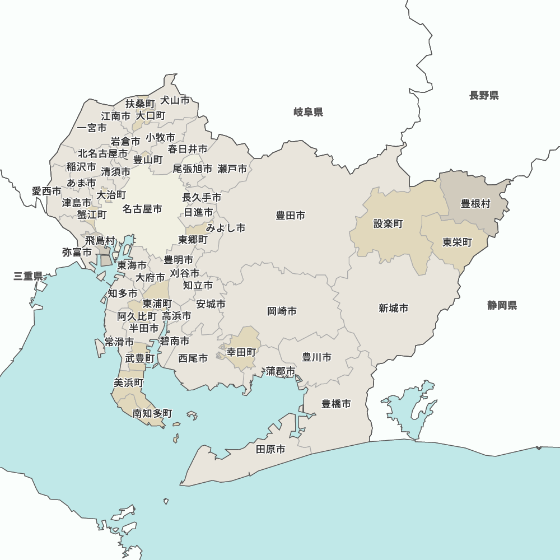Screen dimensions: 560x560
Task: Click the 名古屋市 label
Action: pyautogui.click(x=142, y=209)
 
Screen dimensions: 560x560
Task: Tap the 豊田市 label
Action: pyautogui.click(x=291, y=215)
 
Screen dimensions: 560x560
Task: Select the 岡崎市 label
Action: pyautogui.click(x=282, y=311)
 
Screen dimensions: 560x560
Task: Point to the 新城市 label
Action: pyautogui.click(x=393, y=308)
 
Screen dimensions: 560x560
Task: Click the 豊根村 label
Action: pyautogui.click(x=475, y=203)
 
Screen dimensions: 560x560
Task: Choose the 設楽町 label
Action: pyautogui.click(x=388, y=223)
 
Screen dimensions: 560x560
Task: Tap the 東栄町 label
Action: pyautogui.click(x=457, y=242)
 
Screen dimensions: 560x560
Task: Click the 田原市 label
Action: pyautogui.click(x=270, y=449)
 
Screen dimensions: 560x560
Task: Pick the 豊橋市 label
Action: pyautogui.click(x=336, y=403)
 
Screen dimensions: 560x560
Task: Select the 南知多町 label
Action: pyautogui.click(x=152, y=413)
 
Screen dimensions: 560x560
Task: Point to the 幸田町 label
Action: pyautogui.click(x=241, y=352)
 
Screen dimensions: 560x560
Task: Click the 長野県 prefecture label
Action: pyautogui.click(x=484, y=95)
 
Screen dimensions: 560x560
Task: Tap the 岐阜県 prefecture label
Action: pyautogui.click(x=308, y=113)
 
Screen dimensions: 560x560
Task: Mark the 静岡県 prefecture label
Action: pyautogui.click(x=502, y=305)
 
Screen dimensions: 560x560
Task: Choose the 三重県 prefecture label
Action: pyautogui.click(x=29, y=276)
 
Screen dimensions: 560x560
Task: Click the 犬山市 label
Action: pyautogui.click(x=175, y=100)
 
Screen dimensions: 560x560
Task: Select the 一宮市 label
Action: pyautogui.click(x=92, y=128)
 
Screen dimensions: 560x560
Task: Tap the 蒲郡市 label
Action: pyautogui.click(x=281, y=371)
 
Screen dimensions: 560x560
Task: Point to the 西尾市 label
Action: pyautogui.click(x=193, y=358)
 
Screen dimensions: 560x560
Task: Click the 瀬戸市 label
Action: pyautogui.click(x=232, y=169)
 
